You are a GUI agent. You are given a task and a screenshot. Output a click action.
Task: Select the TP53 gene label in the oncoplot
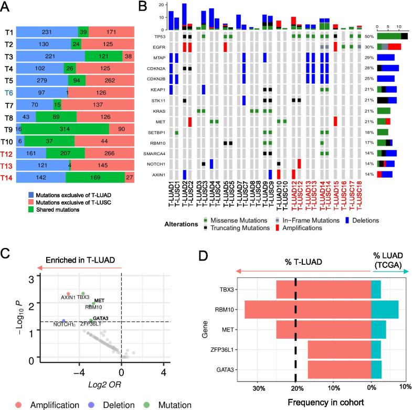(154, 37)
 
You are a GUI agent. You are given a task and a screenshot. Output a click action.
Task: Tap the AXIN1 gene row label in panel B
(154, 174)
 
